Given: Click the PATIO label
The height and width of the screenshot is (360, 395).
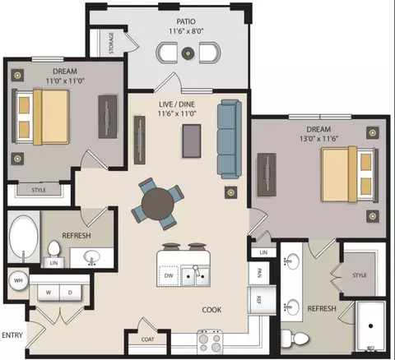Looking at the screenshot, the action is coord(186,21).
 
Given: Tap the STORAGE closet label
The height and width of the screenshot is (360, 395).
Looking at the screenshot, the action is coord(111,44).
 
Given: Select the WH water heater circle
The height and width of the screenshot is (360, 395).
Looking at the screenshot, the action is coord(18,280).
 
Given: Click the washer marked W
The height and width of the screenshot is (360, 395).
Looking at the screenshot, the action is coord(49,293).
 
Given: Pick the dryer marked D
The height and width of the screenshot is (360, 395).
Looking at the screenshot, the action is coord(70,293).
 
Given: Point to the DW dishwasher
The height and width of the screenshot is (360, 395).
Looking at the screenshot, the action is coord(169,275).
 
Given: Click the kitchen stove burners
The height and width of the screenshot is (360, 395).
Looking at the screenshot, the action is coord(210,343).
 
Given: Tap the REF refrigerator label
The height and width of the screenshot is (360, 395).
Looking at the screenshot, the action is coord(258,300).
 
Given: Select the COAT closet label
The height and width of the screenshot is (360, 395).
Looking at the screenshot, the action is coord(147,339).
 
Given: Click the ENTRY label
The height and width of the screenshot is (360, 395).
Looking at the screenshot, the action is coord(12,335).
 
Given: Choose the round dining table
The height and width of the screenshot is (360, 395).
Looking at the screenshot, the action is coord(158,204).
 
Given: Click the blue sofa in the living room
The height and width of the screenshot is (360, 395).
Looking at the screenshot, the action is coord(230,140).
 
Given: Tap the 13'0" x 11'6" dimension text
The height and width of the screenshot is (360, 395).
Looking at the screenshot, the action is coord(318,139).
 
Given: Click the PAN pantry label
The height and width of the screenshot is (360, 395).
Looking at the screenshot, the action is coord(258,273).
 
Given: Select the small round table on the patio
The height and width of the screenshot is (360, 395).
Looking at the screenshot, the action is coord(188,53).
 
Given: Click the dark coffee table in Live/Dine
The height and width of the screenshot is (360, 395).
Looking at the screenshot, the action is coord(192,141).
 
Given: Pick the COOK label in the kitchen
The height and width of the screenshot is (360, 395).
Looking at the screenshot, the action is coord(211,310).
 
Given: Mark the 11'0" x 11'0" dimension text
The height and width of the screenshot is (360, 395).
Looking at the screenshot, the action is coord(65,81).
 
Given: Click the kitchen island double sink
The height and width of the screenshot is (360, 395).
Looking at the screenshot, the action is coord(195,276).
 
